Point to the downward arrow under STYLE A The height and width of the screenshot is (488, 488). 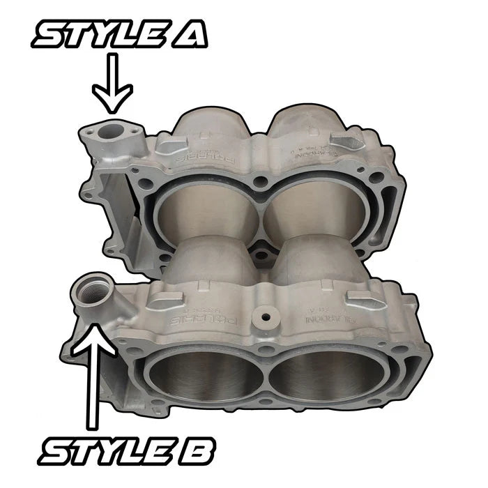click(x=113, y=86)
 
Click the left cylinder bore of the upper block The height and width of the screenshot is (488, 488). click(x=201, y=215)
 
